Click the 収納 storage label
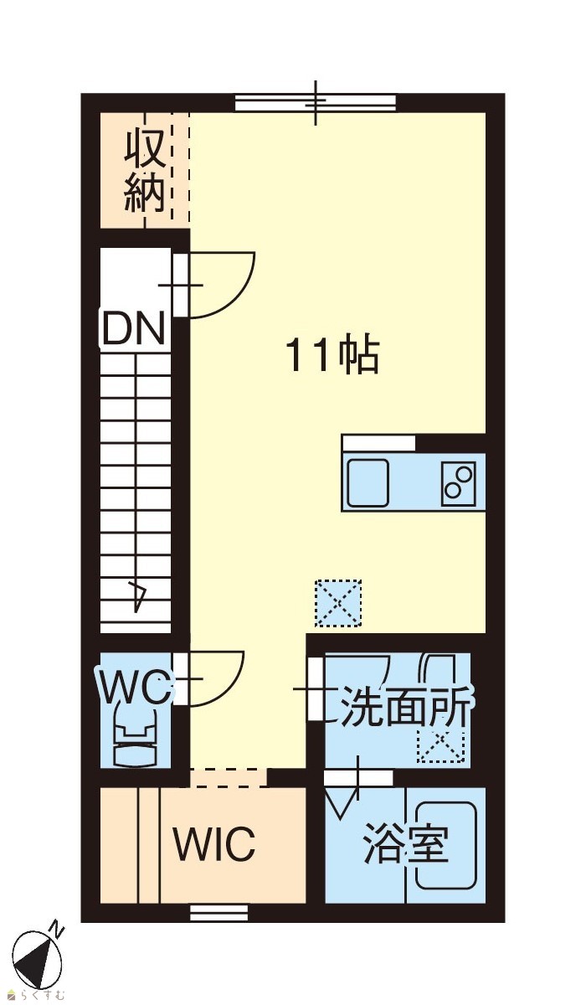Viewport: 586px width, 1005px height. [144, 172]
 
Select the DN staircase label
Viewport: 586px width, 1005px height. [133, 329]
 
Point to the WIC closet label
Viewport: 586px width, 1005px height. [214, 843]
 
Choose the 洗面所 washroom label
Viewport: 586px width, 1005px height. [406, 708]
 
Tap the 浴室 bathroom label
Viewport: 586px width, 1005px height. [406, 843]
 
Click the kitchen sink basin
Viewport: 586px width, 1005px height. [368, 482]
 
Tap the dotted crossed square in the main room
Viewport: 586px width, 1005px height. [338, 603]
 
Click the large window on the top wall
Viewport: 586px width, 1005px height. [316, 103]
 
